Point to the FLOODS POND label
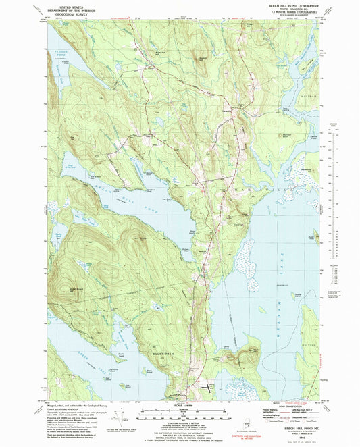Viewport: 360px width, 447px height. pyautogui.click(x=65, y=51)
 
